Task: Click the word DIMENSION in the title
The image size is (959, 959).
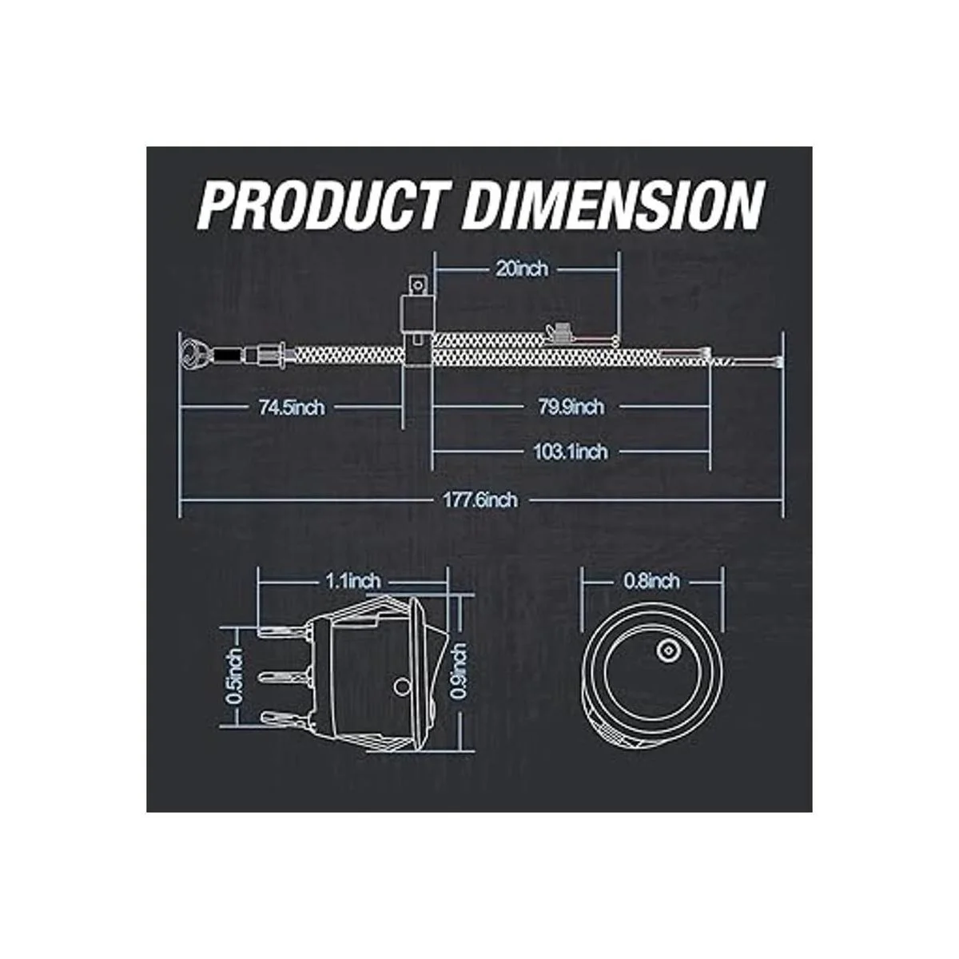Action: pyautogui.click(x=614, y=205)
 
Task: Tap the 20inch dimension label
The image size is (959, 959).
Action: pyautogui.click(x=521, y=269)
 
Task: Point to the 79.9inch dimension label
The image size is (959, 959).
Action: pyautogui.click(x=571, y=407)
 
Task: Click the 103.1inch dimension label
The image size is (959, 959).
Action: pyautogui.click(x=571, y=452)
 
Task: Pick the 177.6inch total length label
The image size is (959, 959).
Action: pyautogui.click(x=480, y=499)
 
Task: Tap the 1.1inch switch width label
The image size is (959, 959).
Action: pyautogui.click(x=353, y=581)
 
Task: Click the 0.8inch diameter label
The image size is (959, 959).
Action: pyautogui.click(x=651, y=581)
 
